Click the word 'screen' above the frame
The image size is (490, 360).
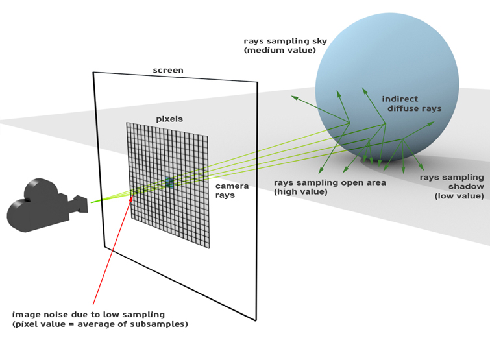point(168,70)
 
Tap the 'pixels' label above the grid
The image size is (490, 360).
point(169,119)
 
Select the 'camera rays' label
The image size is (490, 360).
point(232,191)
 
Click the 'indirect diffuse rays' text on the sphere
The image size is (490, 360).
point(411,104)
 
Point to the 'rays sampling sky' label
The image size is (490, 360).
point(286,42)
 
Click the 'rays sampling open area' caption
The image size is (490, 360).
point(330,183)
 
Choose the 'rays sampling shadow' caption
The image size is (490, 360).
point(452,182)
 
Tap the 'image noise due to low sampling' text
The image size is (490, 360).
point(88,315)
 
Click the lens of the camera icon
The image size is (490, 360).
point(82,204)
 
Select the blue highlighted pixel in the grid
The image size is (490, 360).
point(169,183)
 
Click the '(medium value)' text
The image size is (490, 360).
point(280,50)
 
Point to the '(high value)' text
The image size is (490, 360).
point(300,192)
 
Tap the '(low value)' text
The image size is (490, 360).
point(459,196)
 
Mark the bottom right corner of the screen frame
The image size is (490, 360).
point(256,320)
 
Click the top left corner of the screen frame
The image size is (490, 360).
point(93,73)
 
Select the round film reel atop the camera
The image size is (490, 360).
point(41,189)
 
